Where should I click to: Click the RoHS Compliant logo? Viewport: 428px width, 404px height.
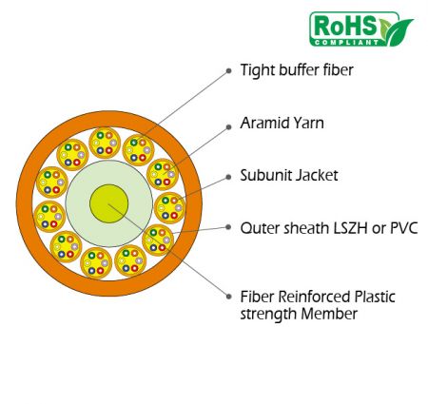[x=361, y=29]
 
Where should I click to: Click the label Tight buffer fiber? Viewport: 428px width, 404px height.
[x=297, y=70]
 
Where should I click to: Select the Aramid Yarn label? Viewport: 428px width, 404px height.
[x=282, y=123]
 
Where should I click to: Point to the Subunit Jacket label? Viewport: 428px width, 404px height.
[x=289, y=176]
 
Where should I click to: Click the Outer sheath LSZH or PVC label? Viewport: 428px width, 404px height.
[x=329, y=228]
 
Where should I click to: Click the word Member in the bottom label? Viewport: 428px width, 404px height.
[x=329, y=314]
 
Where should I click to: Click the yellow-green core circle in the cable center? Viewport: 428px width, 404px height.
[x=108, y=203]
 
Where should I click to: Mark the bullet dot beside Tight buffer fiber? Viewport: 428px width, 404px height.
[x=228, y=71]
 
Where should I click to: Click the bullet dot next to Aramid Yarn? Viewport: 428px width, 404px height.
[x=228, y=127]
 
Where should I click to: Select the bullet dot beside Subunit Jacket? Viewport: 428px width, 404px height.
[x=228, y=178]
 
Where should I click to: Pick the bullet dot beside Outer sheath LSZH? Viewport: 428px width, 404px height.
[x=228, y=227]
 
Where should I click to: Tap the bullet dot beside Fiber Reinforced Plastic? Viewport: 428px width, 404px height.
[x=228, y=297]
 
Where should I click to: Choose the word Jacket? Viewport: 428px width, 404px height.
[x=318, y=176]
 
